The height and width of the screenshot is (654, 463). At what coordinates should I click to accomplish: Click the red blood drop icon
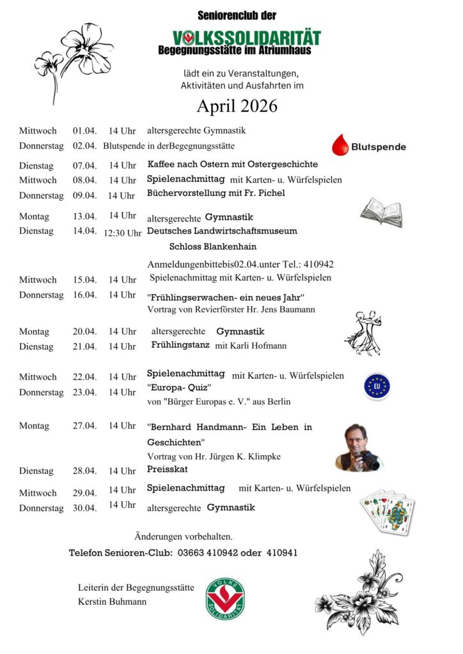coord(340,146)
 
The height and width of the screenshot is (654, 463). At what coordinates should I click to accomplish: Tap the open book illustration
coord(381,212)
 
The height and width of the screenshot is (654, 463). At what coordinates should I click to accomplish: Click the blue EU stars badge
coord(377,386)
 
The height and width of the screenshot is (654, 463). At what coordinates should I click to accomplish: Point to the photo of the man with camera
coord(357,447)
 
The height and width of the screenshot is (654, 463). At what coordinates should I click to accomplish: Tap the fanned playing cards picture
coord(387,512)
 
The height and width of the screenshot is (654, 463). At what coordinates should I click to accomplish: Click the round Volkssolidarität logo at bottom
coord(225,598)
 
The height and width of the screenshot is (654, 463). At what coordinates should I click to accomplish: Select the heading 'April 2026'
coord(237,106)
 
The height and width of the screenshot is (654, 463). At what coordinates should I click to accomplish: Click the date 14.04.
coord(84,231)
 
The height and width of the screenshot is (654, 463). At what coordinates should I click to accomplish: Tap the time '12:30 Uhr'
coord(122,232)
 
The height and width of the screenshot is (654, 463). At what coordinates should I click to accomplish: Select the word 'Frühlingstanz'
coord(180,345)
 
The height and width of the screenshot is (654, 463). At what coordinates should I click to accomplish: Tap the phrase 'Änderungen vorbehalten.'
coord(184,536)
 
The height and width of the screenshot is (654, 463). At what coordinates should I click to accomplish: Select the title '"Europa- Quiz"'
coord(179,388)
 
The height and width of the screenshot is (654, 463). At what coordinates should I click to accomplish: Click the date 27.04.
coord(84,425)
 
